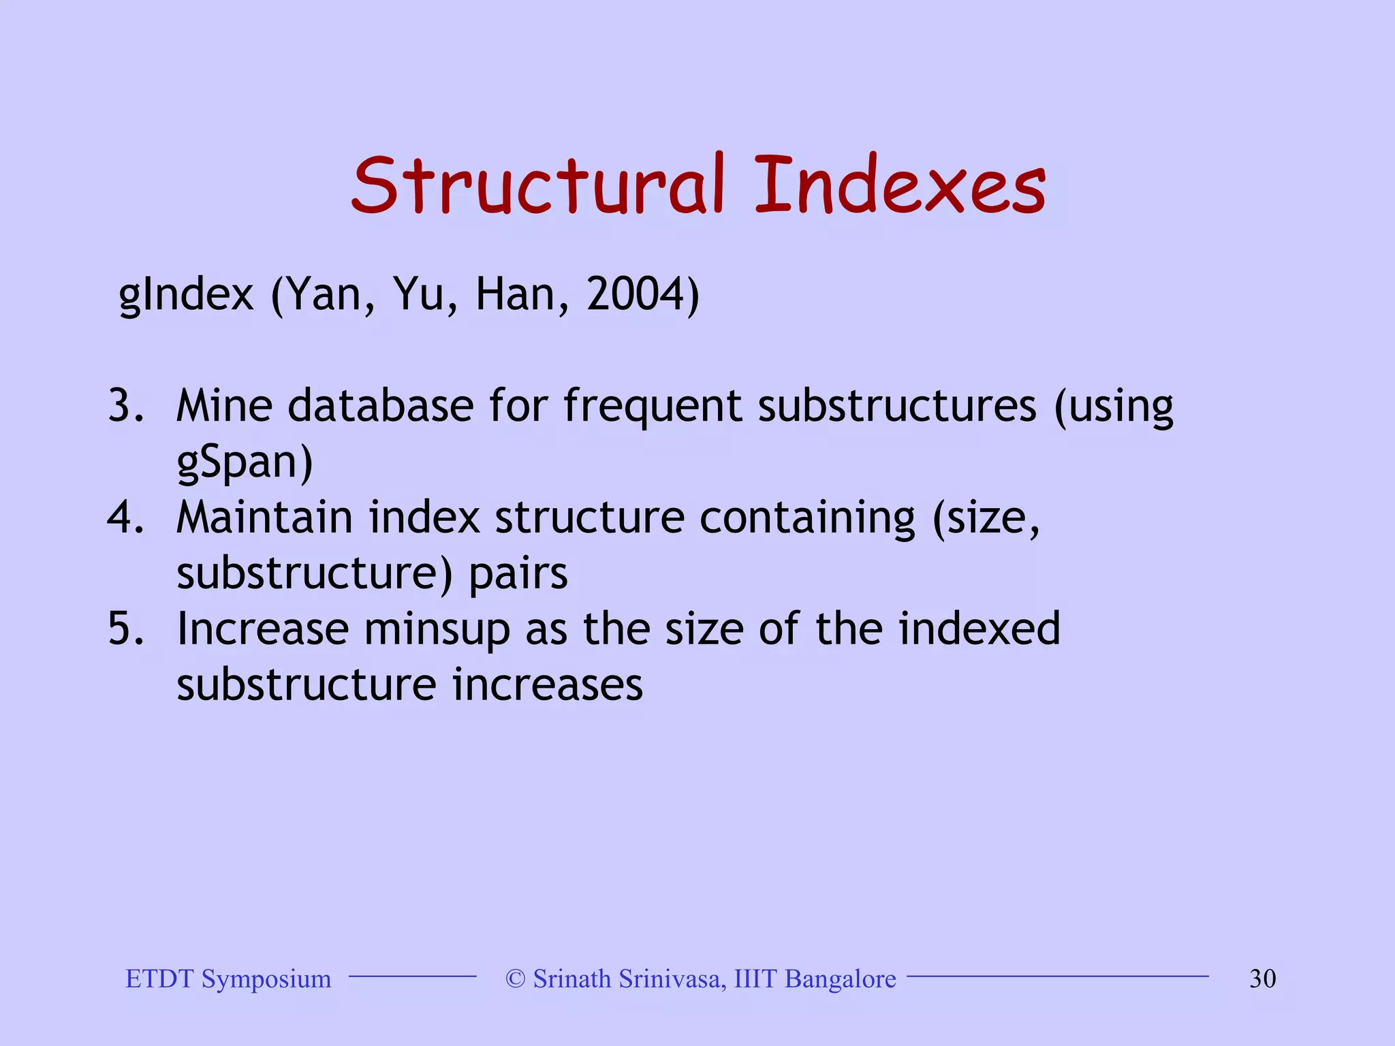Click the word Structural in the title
538,185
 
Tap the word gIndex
186,296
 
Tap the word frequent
652,407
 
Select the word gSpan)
245,463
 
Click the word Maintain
264,518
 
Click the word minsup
437,630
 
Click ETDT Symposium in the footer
228,979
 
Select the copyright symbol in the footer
516,979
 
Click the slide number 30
1262,979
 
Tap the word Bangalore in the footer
840,979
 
